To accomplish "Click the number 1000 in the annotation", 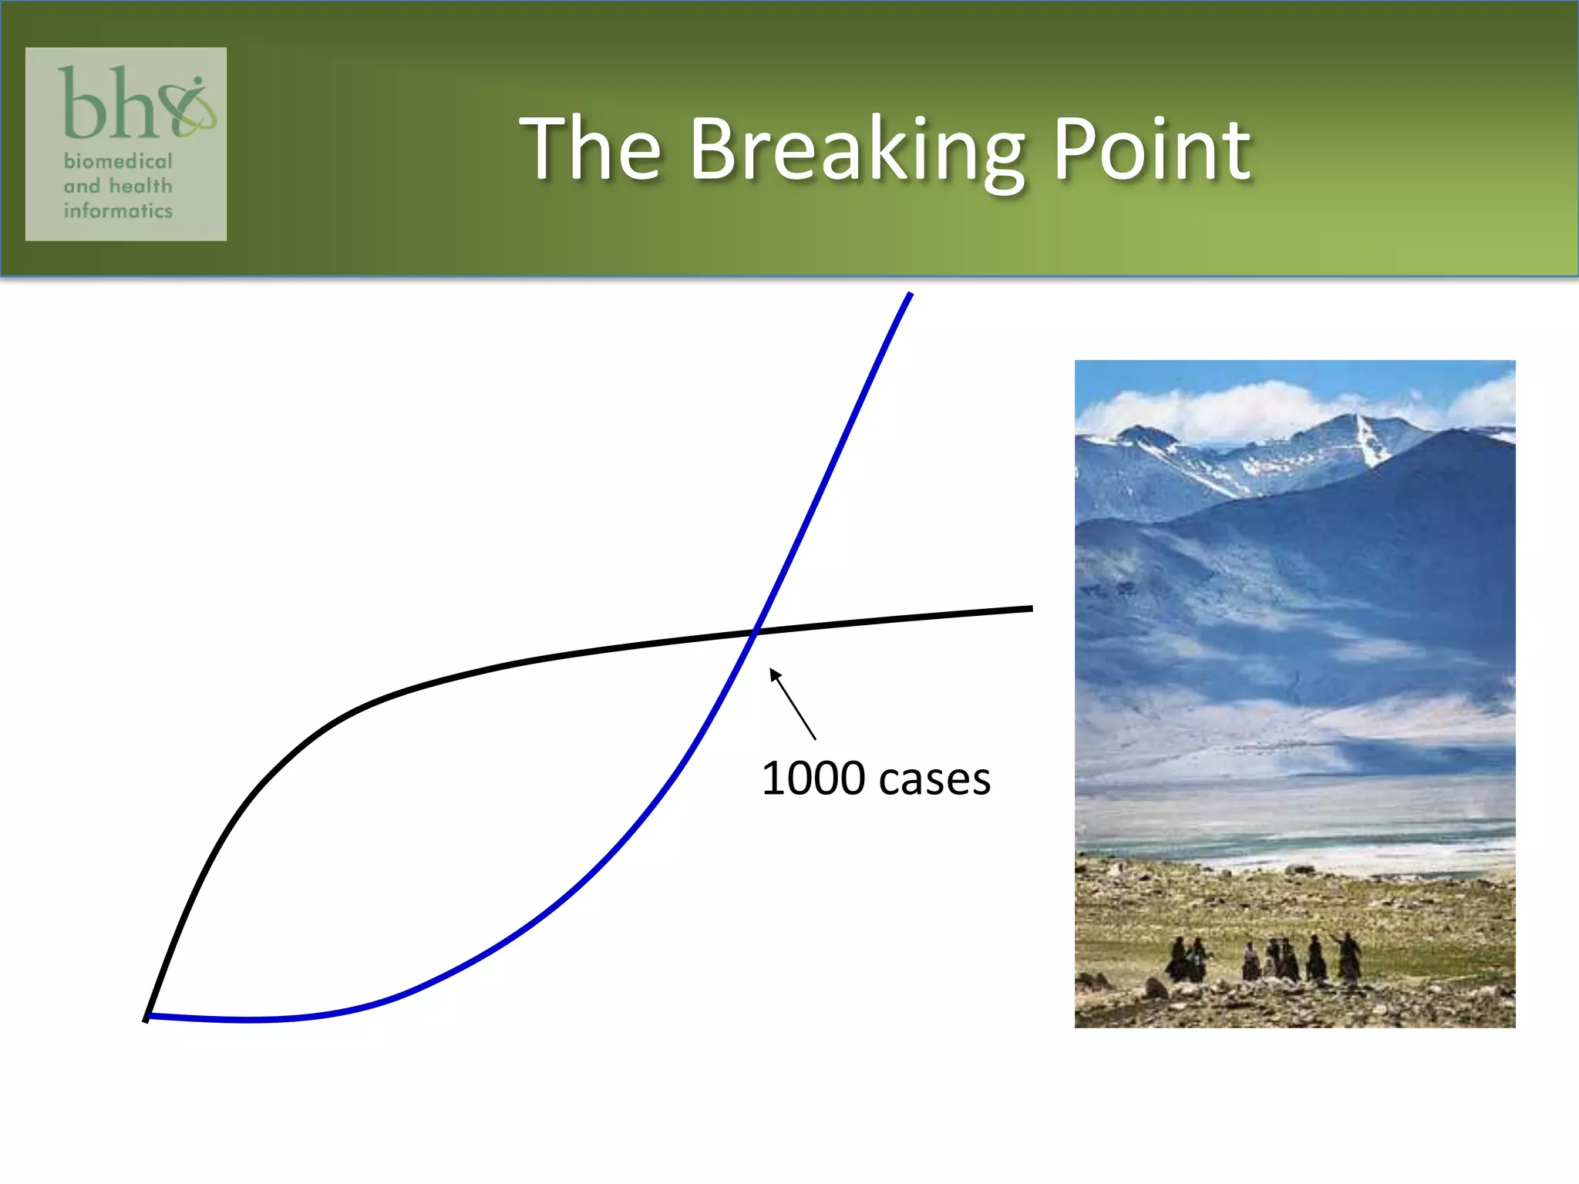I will tap(813, 779).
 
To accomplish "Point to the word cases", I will tap(934, 780).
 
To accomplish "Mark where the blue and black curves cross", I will tap(756, 632).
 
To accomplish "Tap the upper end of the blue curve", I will tap(911, 294).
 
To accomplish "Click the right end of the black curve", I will tap(1030, 609).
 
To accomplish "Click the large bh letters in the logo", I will tap(108, 104).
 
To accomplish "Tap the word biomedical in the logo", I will tap(118, 161).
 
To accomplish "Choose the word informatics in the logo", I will tap(118, 210).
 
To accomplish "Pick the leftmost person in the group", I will tap(1178, 960).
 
